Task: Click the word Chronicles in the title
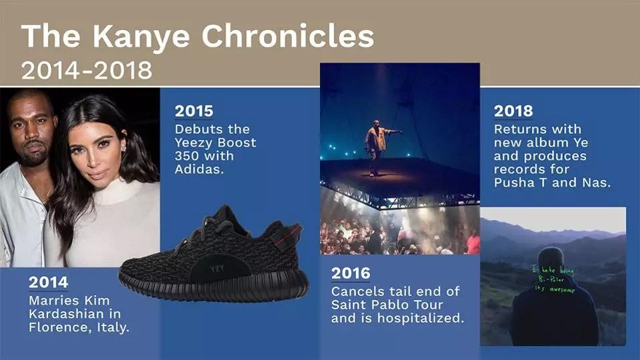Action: click(x=288, y=36)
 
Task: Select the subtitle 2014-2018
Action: click(x=87, y=70)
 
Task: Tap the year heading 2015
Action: click(x=194, y=111)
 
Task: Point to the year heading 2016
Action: click(x=351, y=273)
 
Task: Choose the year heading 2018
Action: click(x=513, y=111)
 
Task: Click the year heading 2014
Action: click(x=48, y=282)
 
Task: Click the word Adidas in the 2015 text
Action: click(x=199, y=169)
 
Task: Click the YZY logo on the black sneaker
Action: click(x=217, y=269)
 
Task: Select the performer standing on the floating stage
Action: click(x=376, y=147)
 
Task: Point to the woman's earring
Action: click(x=124, y=148)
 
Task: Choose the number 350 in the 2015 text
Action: click(x=186, y=156)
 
